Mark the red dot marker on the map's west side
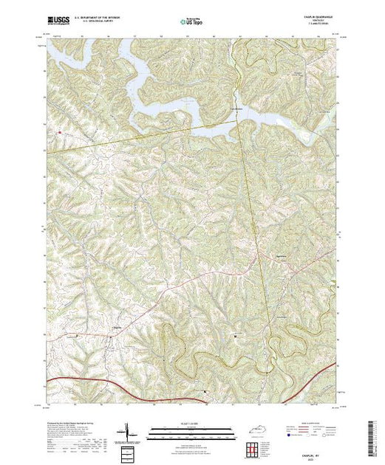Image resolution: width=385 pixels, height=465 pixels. (x=58, y=132)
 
